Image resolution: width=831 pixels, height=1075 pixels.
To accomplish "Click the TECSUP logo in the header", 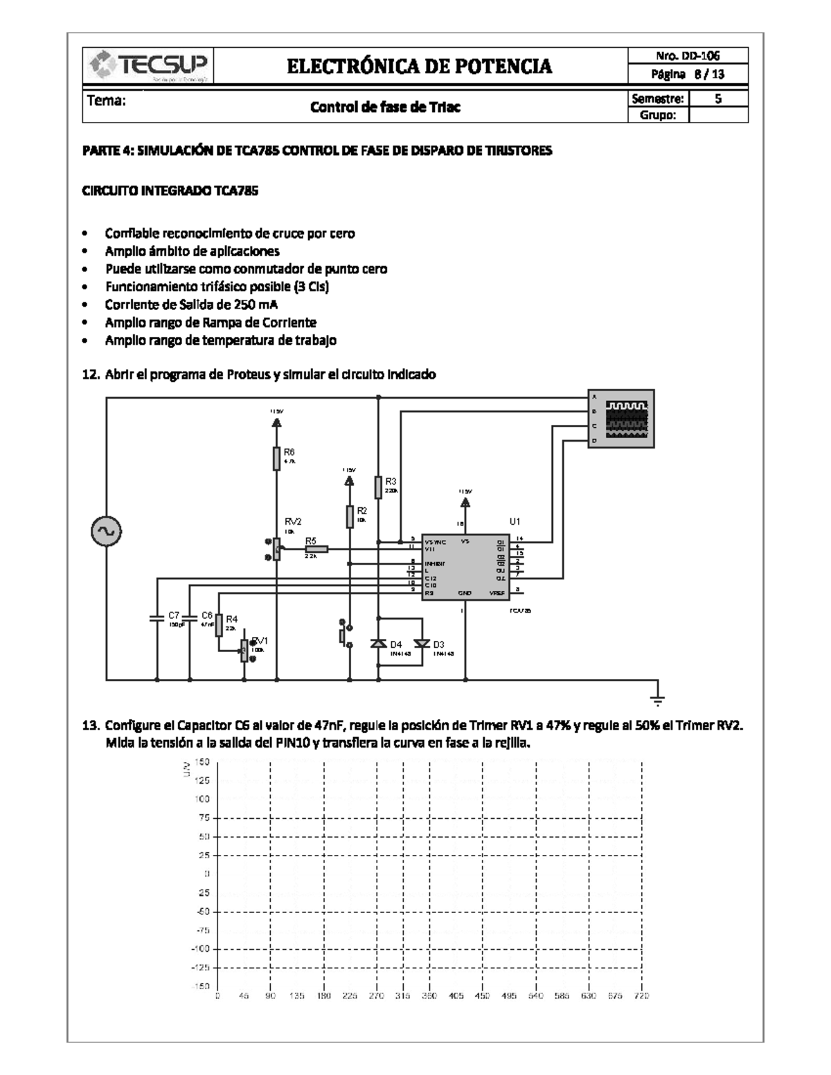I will [x=148, y=66].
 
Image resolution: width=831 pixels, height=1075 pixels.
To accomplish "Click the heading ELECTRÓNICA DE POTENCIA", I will [x=419, y=66].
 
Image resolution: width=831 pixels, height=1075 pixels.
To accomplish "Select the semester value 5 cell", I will [x=718, y=98].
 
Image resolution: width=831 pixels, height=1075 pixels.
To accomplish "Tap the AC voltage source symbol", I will [x=107, y=532].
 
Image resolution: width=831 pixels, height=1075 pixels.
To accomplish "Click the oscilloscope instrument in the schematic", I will [x=620, y=419].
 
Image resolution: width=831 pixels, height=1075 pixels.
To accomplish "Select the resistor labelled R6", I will [x=276, y=458].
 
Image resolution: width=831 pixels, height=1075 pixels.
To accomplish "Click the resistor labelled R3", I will [x=378, y=487].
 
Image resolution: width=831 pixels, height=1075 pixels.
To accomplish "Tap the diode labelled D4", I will [x=378, y=644].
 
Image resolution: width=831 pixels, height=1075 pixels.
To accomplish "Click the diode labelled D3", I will [x=422, y=644].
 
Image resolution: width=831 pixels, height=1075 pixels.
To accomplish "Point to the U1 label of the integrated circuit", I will [x=515, y=521].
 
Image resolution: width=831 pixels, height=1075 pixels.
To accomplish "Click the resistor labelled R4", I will [x=219, y=624].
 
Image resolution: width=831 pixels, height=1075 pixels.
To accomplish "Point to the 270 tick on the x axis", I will [x=375, y=996].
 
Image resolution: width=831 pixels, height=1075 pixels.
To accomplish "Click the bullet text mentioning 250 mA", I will [x=191, y=304].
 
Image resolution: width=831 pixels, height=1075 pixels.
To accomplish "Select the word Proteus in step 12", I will [x=249, y=374].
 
